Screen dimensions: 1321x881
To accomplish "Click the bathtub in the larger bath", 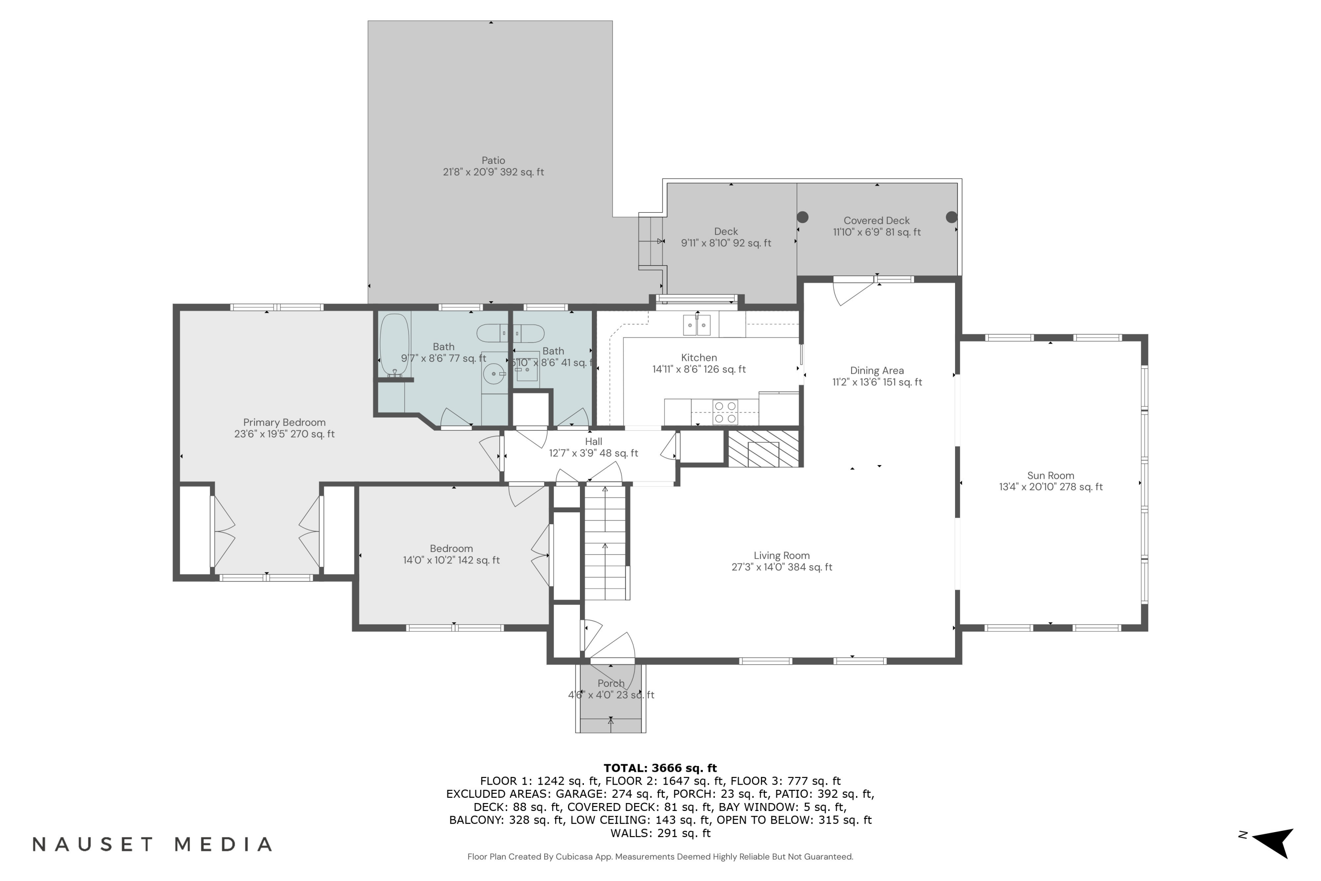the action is coord(394,345).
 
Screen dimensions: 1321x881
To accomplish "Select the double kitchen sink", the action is coord(697,325).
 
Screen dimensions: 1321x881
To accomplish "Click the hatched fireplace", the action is coord(763,448).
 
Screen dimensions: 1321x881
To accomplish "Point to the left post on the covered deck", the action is coord(803,217).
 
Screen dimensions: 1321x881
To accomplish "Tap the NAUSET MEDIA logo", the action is coord(152,844).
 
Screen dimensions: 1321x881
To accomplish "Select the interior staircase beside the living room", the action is coord(605,543).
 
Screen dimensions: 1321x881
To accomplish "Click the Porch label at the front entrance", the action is coord(611,683).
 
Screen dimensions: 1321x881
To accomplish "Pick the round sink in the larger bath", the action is coord(494,374).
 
